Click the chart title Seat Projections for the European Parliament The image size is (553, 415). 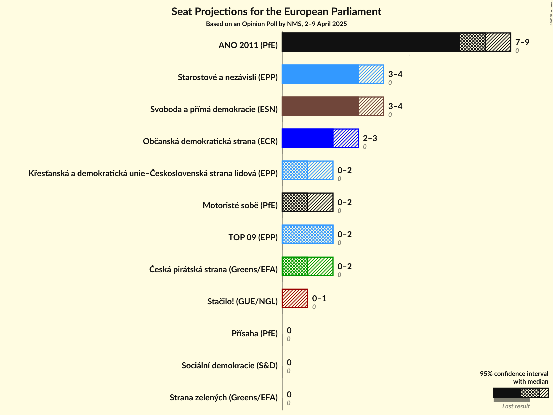pos(276,11)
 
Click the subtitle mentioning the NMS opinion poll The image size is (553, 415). pos(276,24)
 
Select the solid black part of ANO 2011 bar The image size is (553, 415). pos(370,42)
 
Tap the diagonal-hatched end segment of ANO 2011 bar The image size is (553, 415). pos(498,42)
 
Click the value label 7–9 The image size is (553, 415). pos(522,42)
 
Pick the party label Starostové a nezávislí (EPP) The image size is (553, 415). pos(228,77)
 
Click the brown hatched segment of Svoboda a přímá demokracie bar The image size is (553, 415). pos(371,106)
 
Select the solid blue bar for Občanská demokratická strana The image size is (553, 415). pos(308,138)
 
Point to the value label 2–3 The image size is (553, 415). pos(370,138)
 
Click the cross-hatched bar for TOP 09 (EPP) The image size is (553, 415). pos(308,234)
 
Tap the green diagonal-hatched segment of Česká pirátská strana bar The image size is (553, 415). pos(320,266)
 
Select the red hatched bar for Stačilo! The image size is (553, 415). pos(295,298)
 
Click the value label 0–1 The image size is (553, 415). pos(319,298)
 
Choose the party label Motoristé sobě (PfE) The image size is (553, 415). pos(240,205)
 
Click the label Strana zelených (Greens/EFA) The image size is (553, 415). pos(223,397)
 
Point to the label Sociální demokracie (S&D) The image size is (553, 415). pos(229,365)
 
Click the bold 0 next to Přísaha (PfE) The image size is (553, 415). pos(289,330)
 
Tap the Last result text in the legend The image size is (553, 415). pos(516,406)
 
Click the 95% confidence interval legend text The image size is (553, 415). pos(514,377)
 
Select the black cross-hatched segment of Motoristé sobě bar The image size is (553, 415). pos(295,202)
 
